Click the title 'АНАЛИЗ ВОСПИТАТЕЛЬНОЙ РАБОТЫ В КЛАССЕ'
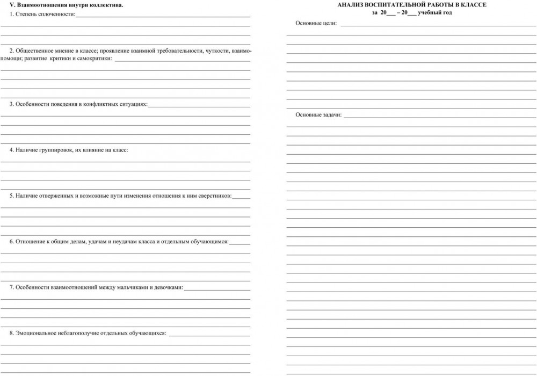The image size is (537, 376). tap(412, 5)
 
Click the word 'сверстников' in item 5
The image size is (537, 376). tap(215, 196)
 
